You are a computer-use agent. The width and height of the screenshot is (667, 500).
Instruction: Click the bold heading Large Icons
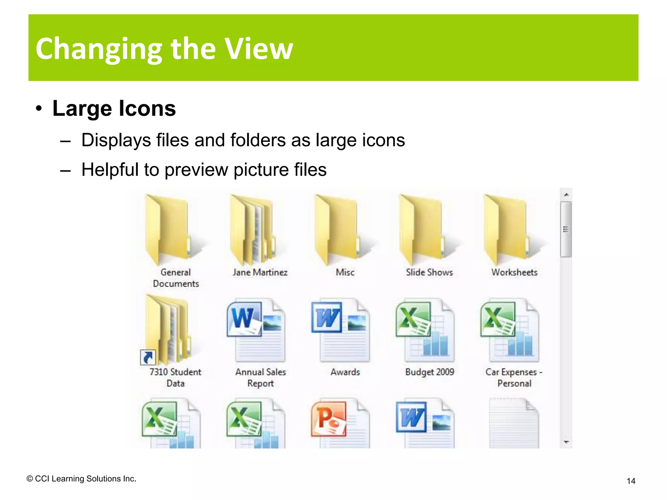114,108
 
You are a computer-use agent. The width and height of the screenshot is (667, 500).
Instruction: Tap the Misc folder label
345,272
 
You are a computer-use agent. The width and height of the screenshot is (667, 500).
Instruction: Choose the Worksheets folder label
514,272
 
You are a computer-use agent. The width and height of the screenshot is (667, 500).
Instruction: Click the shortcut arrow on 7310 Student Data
148,358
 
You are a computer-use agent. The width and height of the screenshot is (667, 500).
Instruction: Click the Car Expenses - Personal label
514,378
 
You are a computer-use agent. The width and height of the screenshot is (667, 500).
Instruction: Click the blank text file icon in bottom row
514,423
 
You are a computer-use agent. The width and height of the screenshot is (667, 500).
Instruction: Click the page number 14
631,481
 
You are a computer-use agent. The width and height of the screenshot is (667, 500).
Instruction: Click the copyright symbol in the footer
30,479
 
